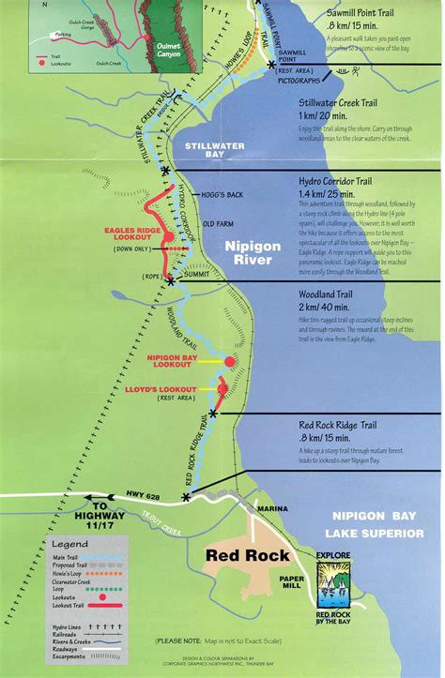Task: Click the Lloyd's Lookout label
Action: [x=166, y=389]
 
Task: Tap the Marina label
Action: [x=274, y=508]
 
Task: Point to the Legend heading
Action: [x=69, y=544]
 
